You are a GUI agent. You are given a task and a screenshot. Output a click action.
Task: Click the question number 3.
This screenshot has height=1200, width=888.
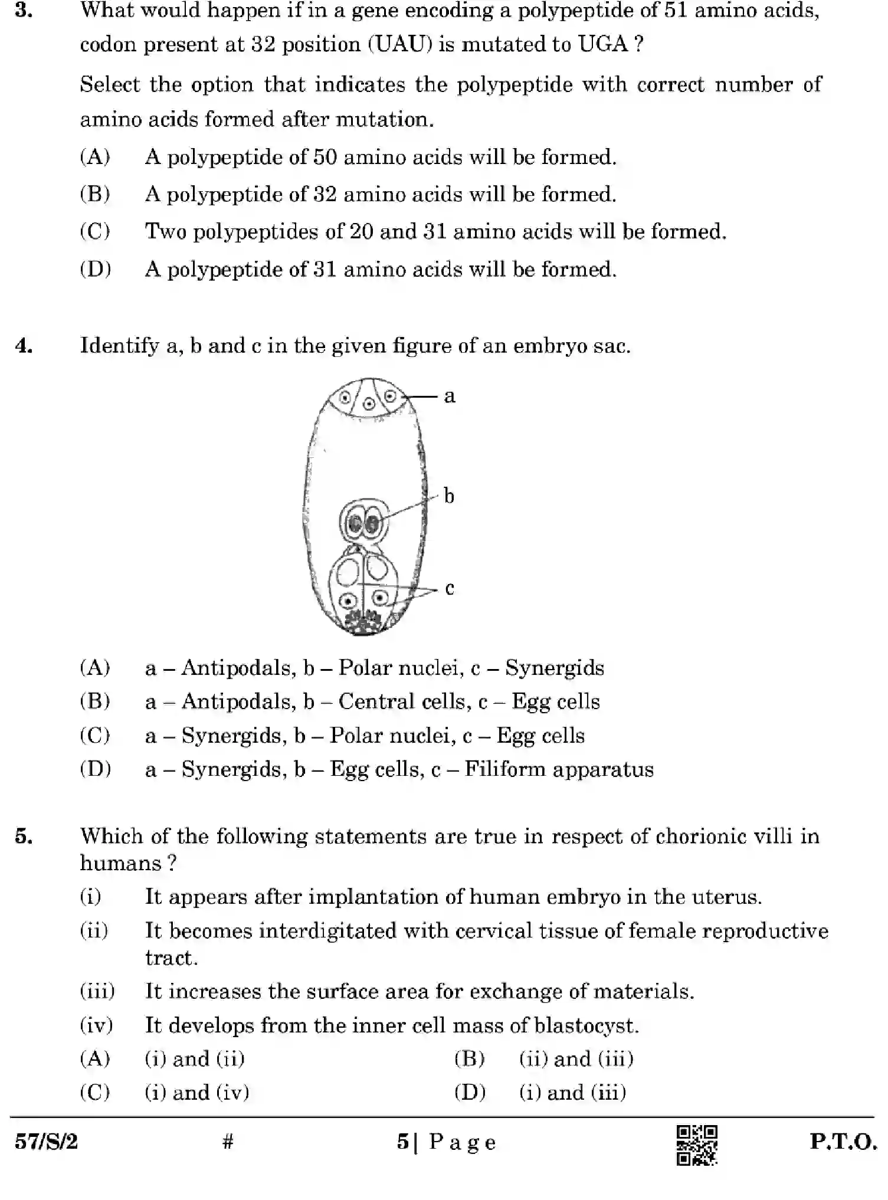coord(24,10)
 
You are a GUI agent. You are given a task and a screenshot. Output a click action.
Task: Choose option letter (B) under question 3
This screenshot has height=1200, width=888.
coord(95,194)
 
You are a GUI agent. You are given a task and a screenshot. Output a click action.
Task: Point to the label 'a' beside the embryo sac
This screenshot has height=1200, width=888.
coord(450,396)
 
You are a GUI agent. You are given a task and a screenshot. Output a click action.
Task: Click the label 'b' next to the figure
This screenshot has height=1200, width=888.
coord(449,496)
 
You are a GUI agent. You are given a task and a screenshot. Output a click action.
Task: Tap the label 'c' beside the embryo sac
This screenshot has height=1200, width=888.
coord(450,588)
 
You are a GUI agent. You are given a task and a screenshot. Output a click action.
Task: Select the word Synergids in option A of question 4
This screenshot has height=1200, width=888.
coord(554,668)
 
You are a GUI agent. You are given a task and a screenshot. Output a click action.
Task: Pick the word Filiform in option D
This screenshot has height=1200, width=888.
coord(504,769)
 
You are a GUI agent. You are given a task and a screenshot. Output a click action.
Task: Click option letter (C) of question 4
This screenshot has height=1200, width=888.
coord(95,736)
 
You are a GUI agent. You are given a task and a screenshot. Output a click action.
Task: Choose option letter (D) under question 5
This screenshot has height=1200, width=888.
coord(470,1093)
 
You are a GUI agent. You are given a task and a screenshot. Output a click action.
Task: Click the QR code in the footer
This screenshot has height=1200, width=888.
coord(696,1145)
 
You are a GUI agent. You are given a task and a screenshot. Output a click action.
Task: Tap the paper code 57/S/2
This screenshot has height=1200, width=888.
coord(46,1142)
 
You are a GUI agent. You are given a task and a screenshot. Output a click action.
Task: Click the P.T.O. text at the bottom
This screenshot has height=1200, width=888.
coord(843,1142)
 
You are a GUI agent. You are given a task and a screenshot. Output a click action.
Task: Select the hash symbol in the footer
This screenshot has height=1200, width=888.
coord(228,1142)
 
